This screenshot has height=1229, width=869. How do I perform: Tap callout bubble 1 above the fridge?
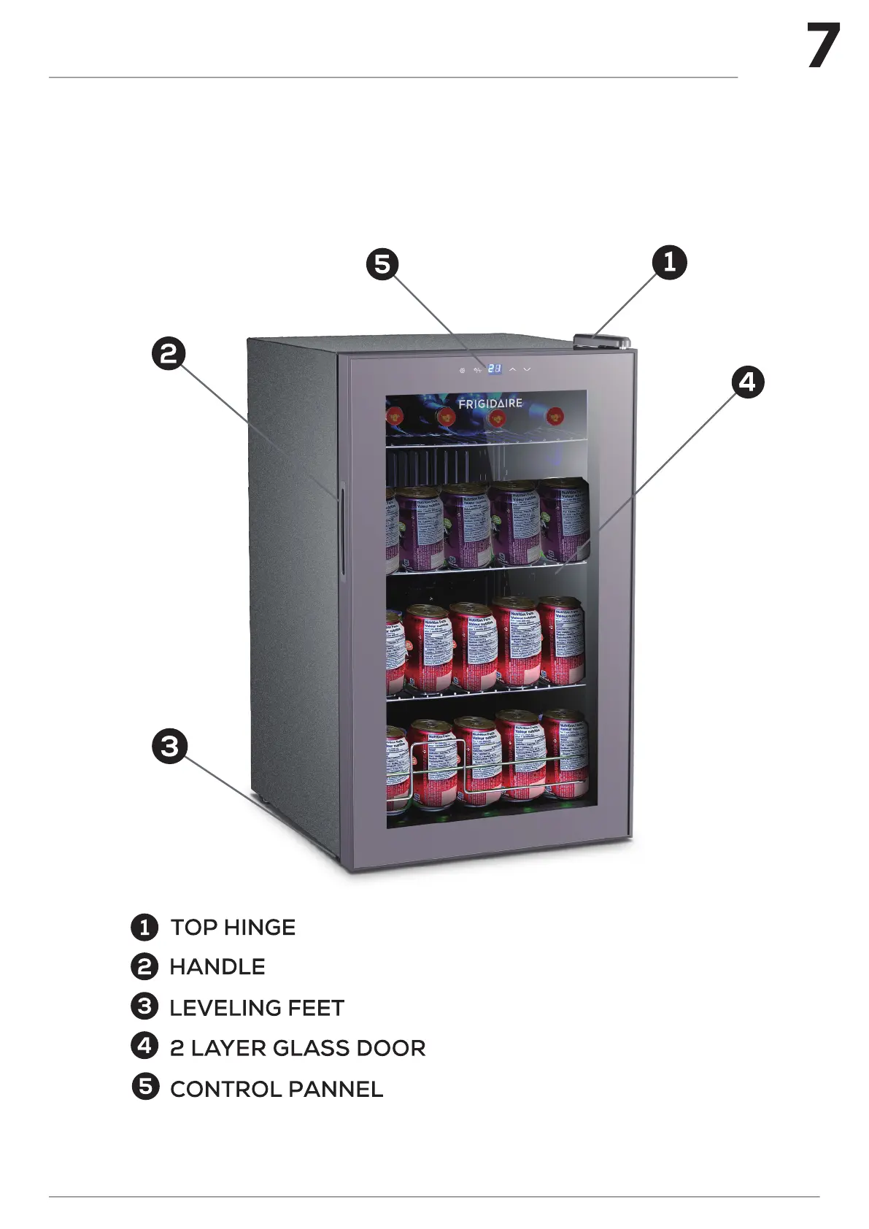[669, 261]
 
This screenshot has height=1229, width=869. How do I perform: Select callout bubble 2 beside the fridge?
[169, 354]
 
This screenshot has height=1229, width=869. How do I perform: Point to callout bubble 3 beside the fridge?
[169, 746]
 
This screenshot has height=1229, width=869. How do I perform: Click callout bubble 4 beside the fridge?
[747, 382]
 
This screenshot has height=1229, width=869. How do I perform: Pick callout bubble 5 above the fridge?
[382, 263]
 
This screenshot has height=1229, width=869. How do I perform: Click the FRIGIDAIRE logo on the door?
[490, 403]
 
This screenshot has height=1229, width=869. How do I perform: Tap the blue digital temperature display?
[494, 369]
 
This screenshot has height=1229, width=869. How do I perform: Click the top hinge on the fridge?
[602, 340]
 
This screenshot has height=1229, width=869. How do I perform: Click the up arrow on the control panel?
[513, 370]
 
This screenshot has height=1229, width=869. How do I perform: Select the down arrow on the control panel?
[527, 370]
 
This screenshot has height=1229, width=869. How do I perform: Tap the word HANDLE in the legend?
[217, 967]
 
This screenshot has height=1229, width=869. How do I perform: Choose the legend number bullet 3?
[144, 1006]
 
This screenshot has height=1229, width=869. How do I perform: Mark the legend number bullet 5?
[145, 1087]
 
